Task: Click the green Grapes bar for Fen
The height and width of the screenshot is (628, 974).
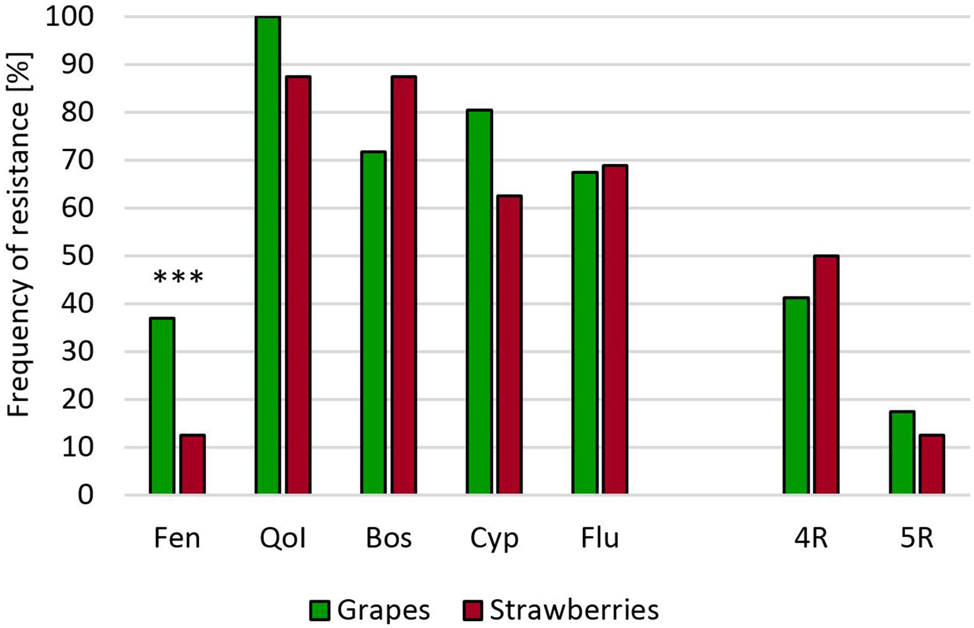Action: pyautogui.click(x=162, y=406)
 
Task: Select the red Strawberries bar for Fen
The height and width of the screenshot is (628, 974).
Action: pyautogui.click(x=192, y=464)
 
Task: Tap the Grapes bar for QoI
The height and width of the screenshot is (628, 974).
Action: pyautogui.click(x=268, y=255)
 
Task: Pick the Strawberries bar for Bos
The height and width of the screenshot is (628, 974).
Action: pyautogui.click(x=404, y=285)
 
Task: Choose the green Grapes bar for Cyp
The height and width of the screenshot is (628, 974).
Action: pyautogui.click(x=479, y=302)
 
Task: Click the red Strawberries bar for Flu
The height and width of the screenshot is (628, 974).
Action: pyautogui.click(x=615, y=330)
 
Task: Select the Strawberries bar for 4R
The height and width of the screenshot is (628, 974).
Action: pyautogui.click(x=825, y=375)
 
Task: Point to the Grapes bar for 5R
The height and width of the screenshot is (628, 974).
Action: pyautogui.click(x=902, y=452)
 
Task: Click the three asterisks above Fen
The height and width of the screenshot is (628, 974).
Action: pyautogui.click(x=178, y=278)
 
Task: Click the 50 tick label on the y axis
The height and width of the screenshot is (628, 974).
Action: pyautogui.click(x=78, y=256)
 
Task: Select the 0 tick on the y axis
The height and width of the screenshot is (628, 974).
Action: pyautogui.click(x=86, y=495)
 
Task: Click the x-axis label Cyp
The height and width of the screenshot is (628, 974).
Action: pyautogui.click(x=494, y=539)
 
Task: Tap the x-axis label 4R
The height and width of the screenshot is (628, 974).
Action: pyautogui.click(x=811, y=539)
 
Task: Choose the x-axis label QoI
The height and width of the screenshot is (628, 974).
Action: pyautogui.click(x=283, y=539)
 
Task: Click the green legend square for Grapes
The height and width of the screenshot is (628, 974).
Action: pyautogui.click(x=320, y=610)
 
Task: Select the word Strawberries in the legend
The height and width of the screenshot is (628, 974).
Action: pyautogui.click(x=574, y=610)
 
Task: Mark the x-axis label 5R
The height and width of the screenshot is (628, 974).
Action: pyautogui.click(x=916, y=539)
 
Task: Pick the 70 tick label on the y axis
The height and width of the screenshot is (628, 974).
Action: pyautogui.click(x=78, y=160)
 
